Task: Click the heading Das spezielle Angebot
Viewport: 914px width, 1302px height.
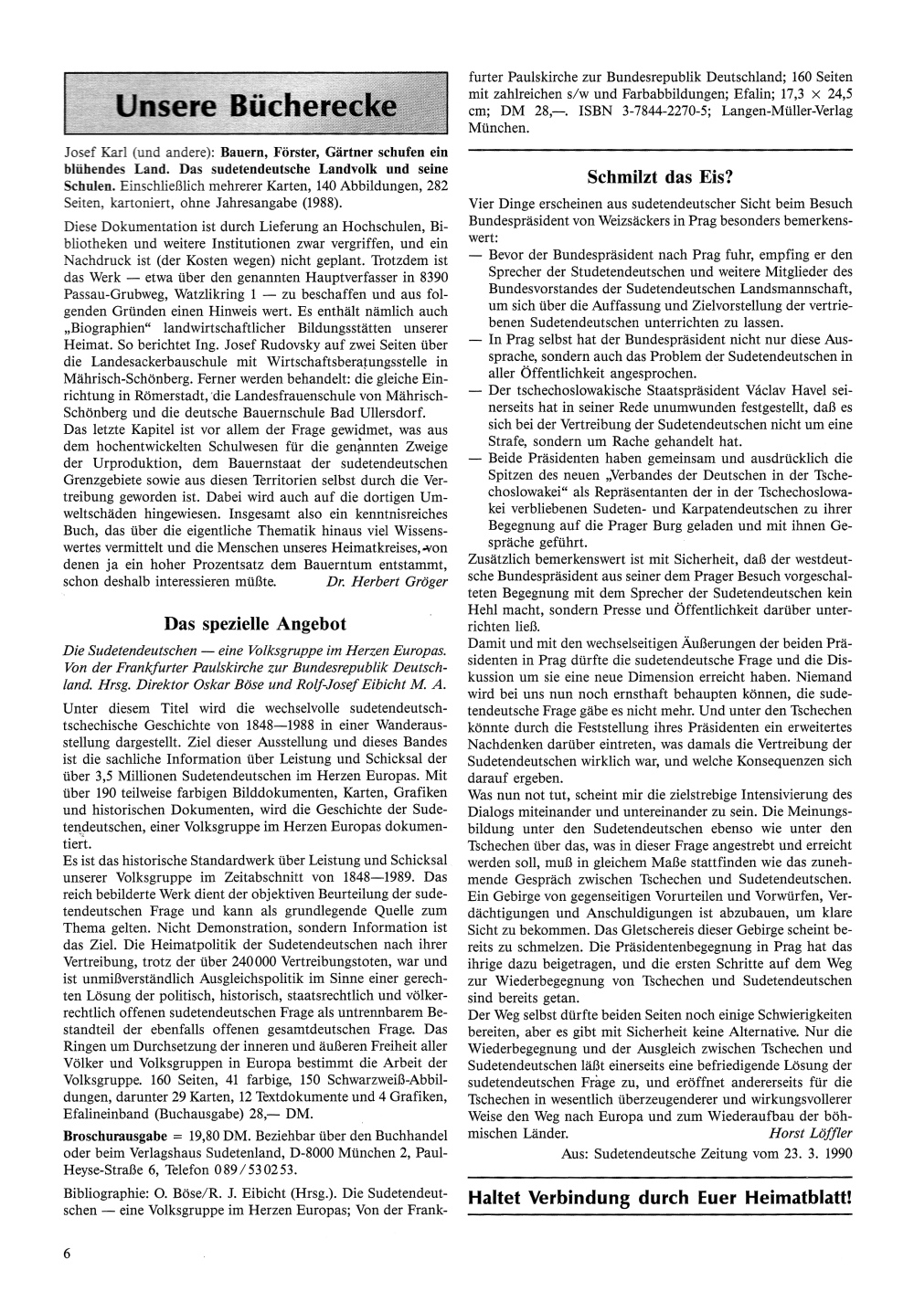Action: (x=255, y=624)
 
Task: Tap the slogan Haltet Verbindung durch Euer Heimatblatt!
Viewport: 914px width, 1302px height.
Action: (x=659, y=1197)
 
